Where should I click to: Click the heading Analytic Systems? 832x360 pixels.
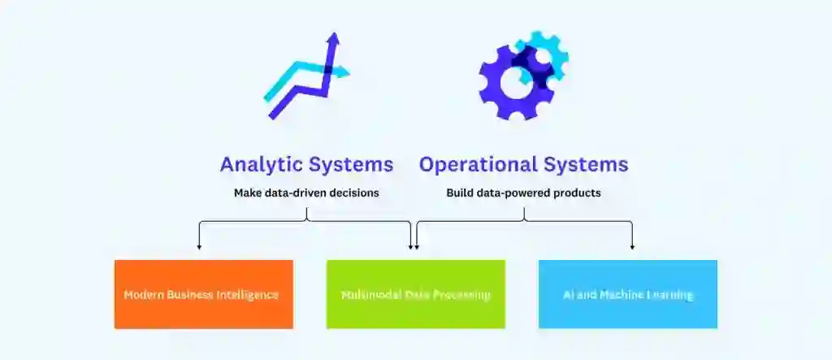306,164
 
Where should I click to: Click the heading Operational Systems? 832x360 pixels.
523,164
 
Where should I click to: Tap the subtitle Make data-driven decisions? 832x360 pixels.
306,193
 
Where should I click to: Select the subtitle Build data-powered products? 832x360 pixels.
523,193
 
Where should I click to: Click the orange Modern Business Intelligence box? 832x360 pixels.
203,294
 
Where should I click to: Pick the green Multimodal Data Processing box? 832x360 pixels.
416,294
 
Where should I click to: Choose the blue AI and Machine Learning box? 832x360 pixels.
628,294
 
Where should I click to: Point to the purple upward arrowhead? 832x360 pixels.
331,39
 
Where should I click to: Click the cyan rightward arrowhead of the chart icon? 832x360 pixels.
344,73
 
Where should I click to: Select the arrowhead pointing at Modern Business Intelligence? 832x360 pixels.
199,245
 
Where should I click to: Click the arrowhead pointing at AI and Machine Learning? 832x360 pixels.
632,245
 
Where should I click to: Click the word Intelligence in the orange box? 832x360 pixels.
246,294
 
